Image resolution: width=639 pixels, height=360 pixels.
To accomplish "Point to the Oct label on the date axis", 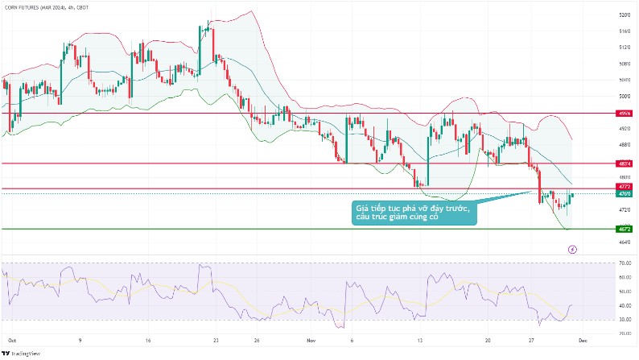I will click(x=11, y=341).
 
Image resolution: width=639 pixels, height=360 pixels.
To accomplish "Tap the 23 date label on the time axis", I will click(x=216, y=341).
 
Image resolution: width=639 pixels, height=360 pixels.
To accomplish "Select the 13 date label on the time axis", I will click(x=422, y=341).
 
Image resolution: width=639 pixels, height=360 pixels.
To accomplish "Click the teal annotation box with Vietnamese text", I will click(x=414, y=213).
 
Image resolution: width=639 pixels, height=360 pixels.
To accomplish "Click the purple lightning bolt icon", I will click(x=572, y=250).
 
